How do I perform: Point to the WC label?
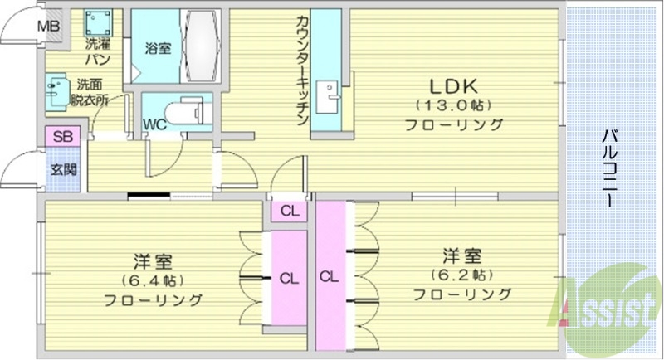tap(154, 125)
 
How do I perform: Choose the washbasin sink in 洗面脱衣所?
tap(59, 91)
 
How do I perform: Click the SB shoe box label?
tap(61, 137)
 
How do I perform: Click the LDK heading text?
tap(453, 85)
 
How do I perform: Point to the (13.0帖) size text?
tap(453, 106)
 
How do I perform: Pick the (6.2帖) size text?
tap(461, 275)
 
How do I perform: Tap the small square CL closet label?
tap(289, 210)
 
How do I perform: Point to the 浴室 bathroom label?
tap(157, 48)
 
